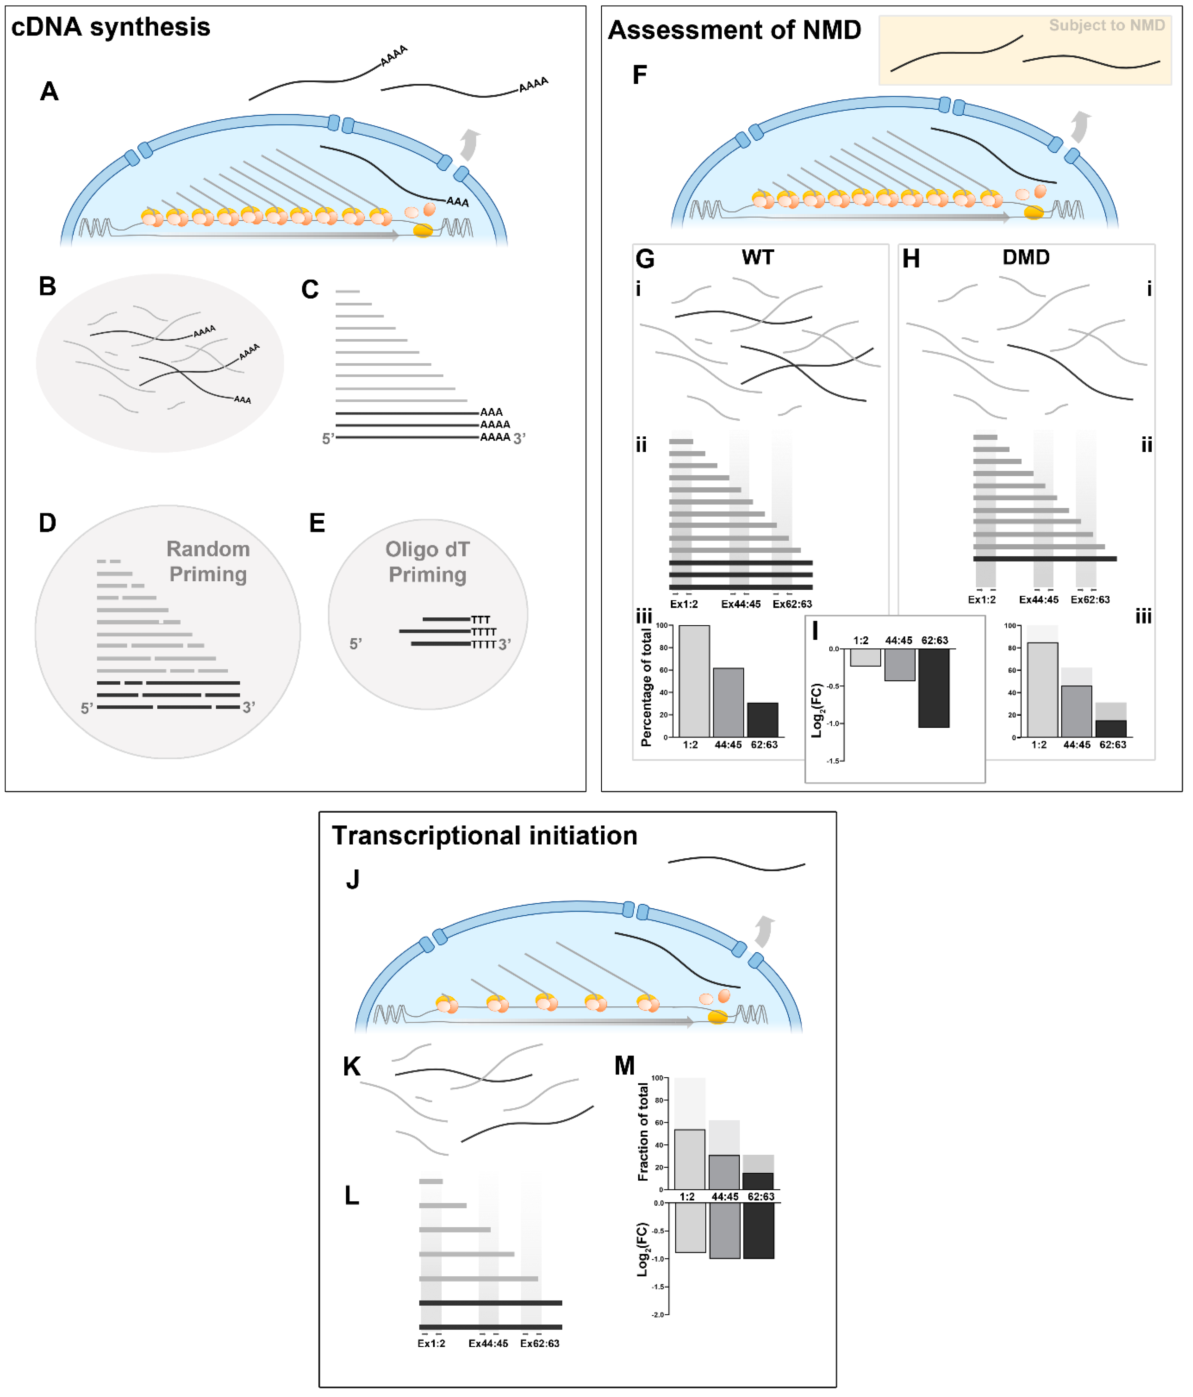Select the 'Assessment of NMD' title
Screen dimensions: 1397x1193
[x=734, y=30]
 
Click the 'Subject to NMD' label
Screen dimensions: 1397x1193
[x=1107, y=25]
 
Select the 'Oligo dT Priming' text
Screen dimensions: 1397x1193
[x=427, y=562]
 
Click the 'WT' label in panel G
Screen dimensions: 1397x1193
[x=758, y=257]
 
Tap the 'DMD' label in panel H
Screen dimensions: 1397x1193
[x=1026, y=257]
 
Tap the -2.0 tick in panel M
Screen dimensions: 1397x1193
[x=658, y=1315]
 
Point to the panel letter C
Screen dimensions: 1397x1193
[x=310, y=290]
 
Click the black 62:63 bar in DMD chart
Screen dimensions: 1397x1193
[x=1111, y=729]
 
